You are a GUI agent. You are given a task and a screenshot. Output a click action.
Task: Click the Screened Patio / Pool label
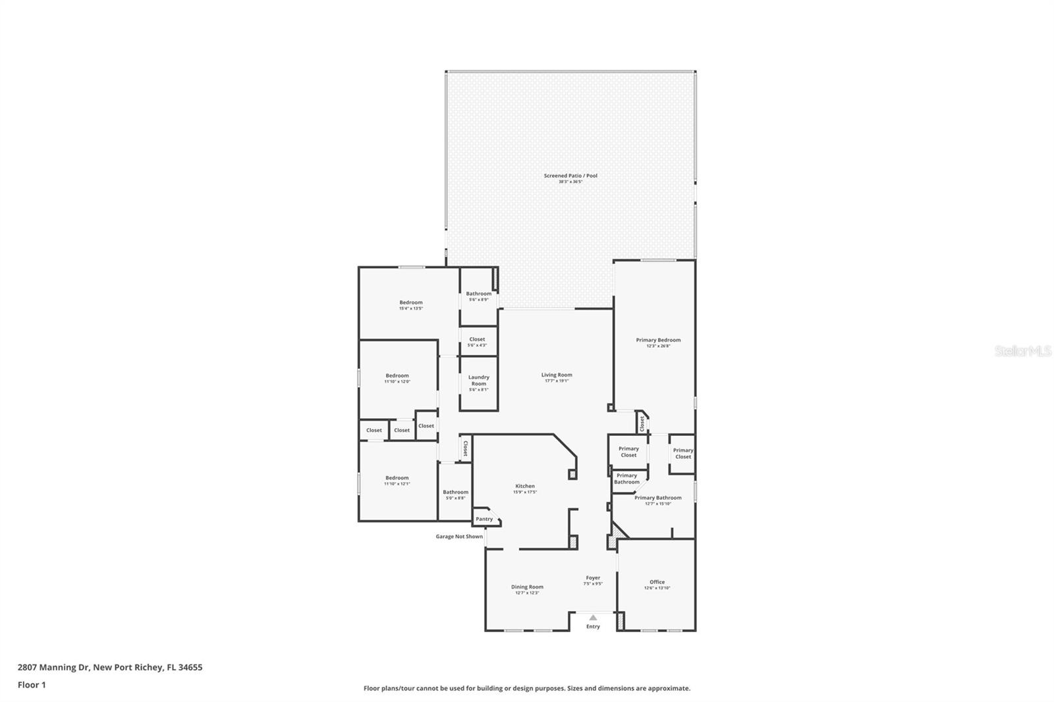(x=570, y=176)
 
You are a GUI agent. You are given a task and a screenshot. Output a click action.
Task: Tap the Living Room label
(x=557, y=375)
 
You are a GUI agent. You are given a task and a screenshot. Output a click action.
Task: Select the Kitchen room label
(x=525, y=487)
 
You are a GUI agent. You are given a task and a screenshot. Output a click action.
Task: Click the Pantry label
(x=484, y=519)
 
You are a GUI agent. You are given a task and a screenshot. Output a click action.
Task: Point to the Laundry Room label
(x=479, y=381)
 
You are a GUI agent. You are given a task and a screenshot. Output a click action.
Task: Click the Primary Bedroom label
(x=658, y=340)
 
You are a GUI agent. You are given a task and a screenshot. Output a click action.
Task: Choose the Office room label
(x=657, y=582)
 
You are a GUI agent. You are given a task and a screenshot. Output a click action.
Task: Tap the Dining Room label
(x=527, y=587)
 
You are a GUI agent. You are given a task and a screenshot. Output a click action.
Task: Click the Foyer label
(x=593, y=578)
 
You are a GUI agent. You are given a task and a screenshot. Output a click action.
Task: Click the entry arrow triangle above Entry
(x=593, y=618)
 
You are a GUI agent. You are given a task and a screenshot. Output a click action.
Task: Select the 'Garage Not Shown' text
(x=459, y=537)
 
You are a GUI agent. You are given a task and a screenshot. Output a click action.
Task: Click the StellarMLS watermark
(x=1022, y=352)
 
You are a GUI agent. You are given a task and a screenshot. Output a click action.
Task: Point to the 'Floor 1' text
(x=32, y=685)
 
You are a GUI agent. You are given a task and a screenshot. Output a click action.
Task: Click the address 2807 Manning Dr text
(x=109, y=667)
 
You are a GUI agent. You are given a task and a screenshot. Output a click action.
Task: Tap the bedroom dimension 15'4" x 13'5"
(x=410, y=308)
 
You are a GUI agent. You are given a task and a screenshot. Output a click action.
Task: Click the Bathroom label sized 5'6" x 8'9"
(x=478, y=294)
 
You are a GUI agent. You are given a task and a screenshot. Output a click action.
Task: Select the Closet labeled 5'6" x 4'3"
(x=477, y=340)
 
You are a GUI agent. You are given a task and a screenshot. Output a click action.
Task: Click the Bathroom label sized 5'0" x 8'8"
(x=455, y=492)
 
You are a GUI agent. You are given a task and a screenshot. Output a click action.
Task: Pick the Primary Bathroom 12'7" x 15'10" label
(x=657, y=499)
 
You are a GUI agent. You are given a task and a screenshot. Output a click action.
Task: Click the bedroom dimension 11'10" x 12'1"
(x=397, y=484)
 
